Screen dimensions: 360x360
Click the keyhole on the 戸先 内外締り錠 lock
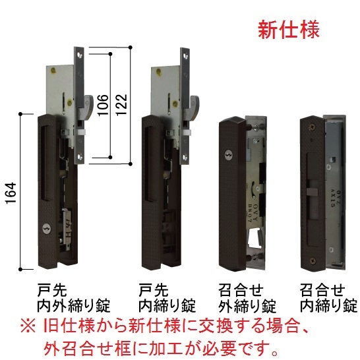click(45, 229)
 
